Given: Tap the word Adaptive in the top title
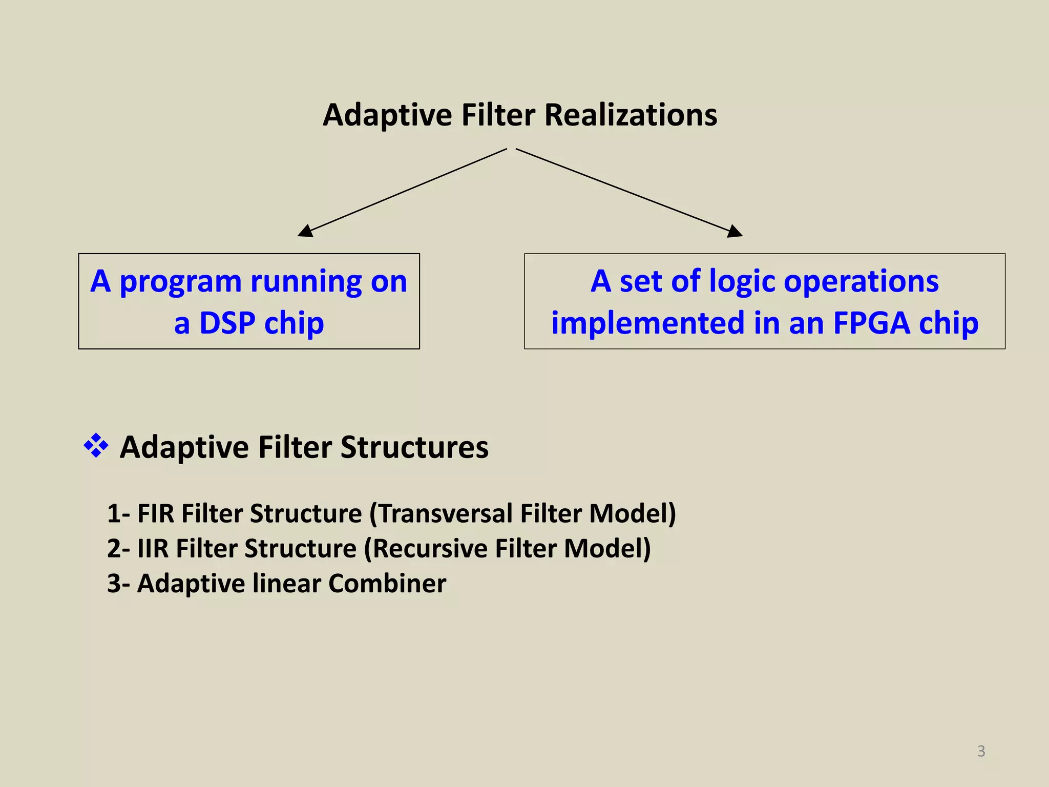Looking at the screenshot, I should pyautogui.click(x=387, y=116).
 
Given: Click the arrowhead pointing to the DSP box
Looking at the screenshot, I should pyautogui.click(x=306, y=231).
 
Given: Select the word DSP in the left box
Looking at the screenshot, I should pyautogui.click(x=227, y=323).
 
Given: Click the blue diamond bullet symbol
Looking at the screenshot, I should pyautogui.click(x=96, y=445).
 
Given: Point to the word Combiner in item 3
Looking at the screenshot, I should pyautogui.click(x=387, y=583).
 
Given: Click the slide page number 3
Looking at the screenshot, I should pyautogui.click(x=981, y=751).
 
